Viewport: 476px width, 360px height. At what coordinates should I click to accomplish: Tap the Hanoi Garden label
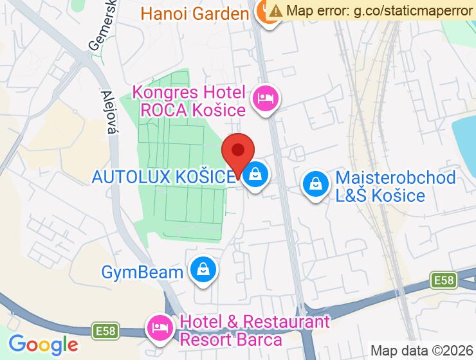tap(194, 13)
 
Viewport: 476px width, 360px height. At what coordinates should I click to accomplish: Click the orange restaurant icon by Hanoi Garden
tap(265, 14)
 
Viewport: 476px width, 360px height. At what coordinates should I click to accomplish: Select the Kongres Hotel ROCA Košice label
tap(189, 101)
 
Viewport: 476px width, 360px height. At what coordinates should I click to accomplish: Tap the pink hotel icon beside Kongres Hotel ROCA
tap(265, 100)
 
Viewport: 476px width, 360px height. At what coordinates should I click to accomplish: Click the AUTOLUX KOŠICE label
tap(163, 177)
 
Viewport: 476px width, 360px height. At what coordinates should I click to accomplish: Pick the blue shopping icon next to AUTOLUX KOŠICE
tap(256, 174)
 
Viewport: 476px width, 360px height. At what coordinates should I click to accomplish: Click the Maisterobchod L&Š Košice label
tap(396, 186)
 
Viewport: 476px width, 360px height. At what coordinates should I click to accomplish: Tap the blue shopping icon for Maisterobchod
tap(316, 184)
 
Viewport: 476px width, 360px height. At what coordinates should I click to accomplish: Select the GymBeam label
tap(142, 272)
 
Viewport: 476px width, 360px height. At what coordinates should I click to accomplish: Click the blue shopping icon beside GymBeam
tap(203, 270)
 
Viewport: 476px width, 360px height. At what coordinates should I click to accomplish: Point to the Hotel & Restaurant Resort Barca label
tap(255, 330)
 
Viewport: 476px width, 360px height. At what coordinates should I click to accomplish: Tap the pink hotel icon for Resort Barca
tap(159, 328)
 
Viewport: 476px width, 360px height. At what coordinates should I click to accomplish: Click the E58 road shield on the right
tap(443, 280)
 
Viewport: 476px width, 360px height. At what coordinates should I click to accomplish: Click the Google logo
tap(43, 344)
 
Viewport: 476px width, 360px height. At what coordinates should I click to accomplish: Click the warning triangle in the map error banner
tap(276, 11)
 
